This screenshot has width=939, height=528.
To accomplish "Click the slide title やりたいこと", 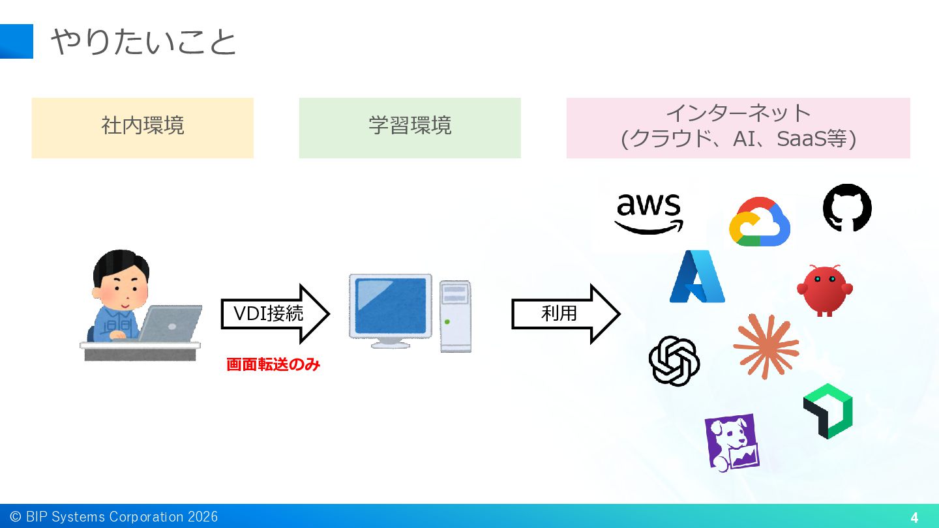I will (x=143, y=42).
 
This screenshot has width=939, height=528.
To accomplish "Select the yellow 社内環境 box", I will (x=142, y=128).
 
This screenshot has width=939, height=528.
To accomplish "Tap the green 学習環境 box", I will (x=410, y=128).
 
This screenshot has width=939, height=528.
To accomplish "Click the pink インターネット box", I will (x=738, y=128).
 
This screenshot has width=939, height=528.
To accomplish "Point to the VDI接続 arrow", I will (x=274, y=314).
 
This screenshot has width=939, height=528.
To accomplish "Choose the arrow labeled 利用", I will (x=565, y=314).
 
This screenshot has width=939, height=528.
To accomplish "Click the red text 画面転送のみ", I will (x=273, y=365).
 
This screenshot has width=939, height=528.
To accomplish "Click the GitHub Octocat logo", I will (x=847, y=207).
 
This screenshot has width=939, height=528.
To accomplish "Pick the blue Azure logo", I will (x=697, y=277).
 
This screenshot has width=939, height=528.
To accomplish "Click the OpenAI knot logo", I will (x=674, y=360).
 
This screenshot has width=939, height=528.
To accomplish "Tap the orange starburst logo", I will (x=766, y=345).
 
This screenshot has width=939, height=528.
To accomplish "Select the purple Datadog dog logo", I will (x=732, y=442).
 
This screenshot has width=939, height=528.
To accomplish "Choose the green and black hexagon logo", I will (x=828, y=411).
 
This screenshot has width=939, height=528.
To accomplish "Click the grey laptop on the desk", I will (x=171, y=324).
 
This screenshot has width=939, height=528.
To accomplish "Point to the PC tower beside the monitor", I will (x=455, y=316).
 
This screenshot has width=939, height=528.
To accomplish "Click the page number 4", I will (x=914, y=518).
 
